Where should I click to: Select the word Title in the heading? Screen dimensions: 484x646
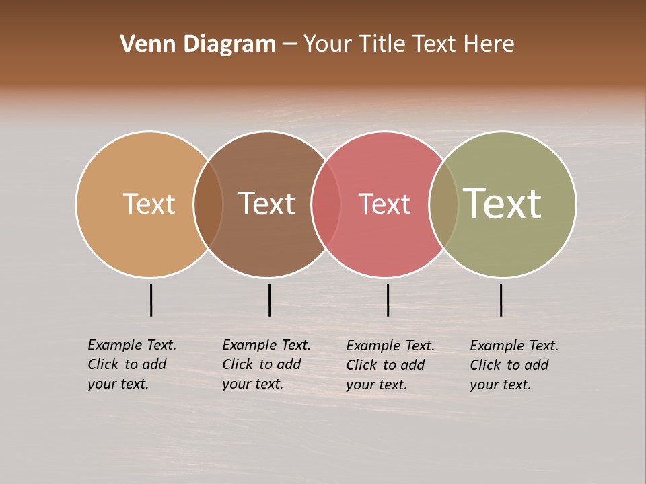pos(382,44)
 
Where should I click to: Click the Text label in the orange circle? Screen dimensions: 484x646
pos(149,204)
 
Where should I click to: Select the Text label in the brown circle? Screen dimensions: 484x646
pos(266,204)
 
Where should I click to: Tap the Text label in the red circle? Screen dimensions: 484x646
pos(384,204)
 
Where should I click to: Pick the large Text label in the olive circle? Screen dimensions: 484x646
pos(502,204)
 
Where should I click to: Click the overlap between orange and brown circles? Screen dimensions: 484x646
pos(208,204)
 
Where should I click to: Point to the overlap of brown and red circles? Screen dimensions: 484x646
pos(326,204)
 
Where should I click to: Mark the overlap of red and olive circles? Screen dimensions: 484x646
pos(443,204)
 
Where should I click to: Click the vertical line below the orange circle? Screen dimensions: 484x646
pos(151,300)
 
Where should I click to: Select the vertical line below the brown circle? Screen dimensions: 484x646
pos(269,300)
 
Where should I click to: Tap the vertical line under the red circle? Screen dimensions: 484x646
pos(388,300)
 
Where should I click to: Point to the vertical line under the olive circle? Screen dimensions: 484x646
pos(501,300)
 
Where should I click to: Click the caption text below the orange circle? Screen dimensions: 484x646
pos(132,364)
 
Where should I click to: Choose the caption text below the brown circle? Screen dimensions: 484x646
pos(266,364)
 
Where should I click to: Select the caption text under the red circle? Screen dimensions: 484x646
pos(390,365)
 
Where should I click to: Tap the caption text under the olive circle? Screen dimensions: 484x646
pos(514,365)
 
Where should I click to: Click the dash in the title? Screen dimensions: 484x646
pos(289,44)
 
